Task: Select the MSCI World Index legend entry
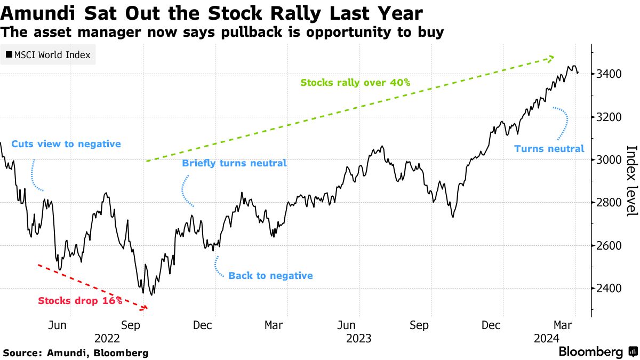(x=49, y=55)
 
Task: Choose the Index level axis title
(x=630, y=181)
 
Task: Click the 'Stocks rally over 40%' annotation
(x=355, y=83)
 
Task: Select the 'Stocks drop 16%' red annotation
(x=80, y=301)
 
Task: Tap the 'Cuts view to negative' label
(x=66, y=144)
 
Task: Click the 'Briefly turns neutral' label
(x=235, y=163)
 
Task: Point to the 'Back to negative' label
(x=270, y=276)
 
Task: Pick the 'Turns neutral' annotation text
(x=549, y=149)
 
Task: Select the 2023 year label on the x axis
(x=358, y=338)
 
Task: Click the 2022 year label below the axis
(x=108, y=338)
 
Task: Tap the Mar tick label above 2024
(x=563, y=325)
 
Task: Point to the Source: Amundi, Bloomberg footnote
(x=75, y=353)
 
